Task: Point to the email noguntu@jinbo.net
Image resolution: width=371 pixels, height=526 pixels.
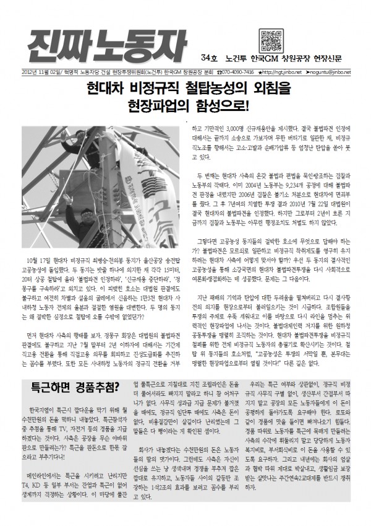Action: (331, 71)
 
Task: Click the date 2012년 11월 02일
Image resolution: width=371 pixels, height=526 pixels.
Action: (38, 71)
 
